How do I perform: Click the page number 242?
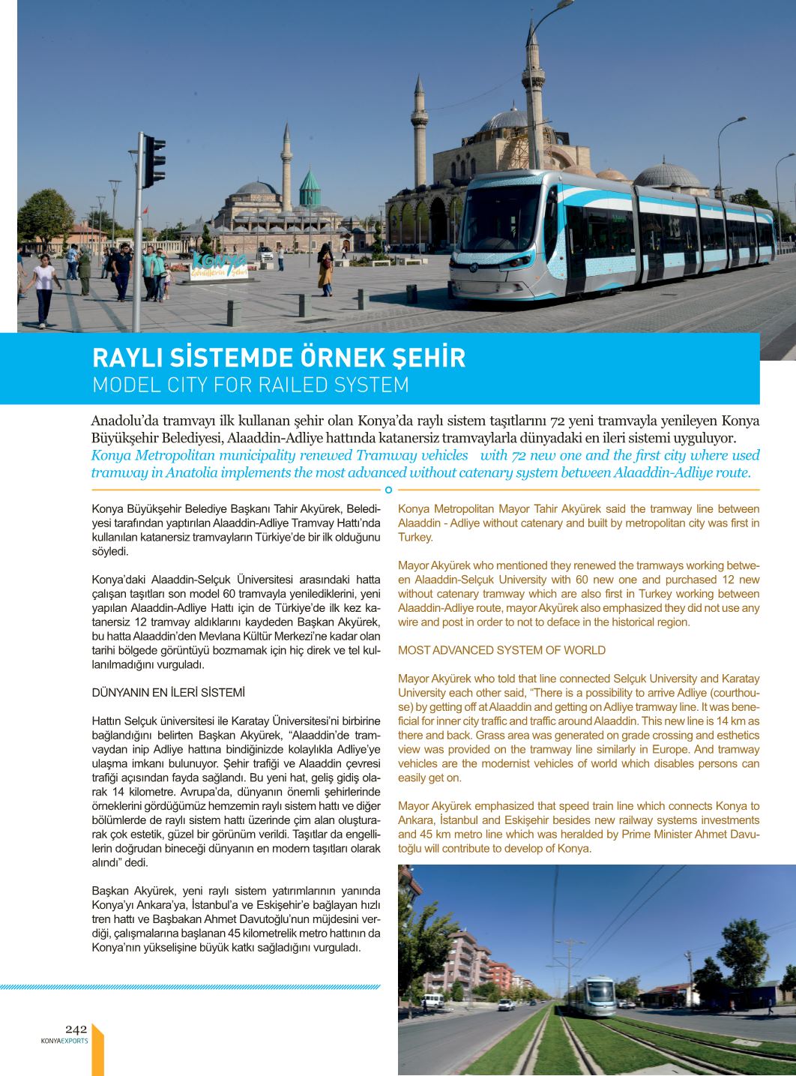pyautogui.click(x=76, y=1029)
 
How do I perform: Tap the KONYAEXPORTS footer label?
pyautogui.click(x=64, y=1041)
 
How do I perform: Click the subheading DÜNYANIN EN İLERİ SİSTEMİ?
pyautogui.click(x=168, y=692)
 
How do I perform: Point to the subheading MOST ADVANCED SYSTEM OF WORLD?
pyautogui.click(x=501, y=650)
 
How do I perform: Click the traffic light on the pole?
pyautogui.click(x=154, y=160)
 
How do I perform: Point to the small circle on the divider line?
pyautogui.click(x=388, y=490)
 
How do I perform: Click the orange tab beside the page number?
pyautogui.click(x=97, y=1050)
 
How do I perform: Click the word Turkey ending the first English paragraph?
pyautogui.click(x=414, y=537)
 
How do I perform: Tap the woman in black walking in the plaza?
pyautogui.click(x=325, y=268)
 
